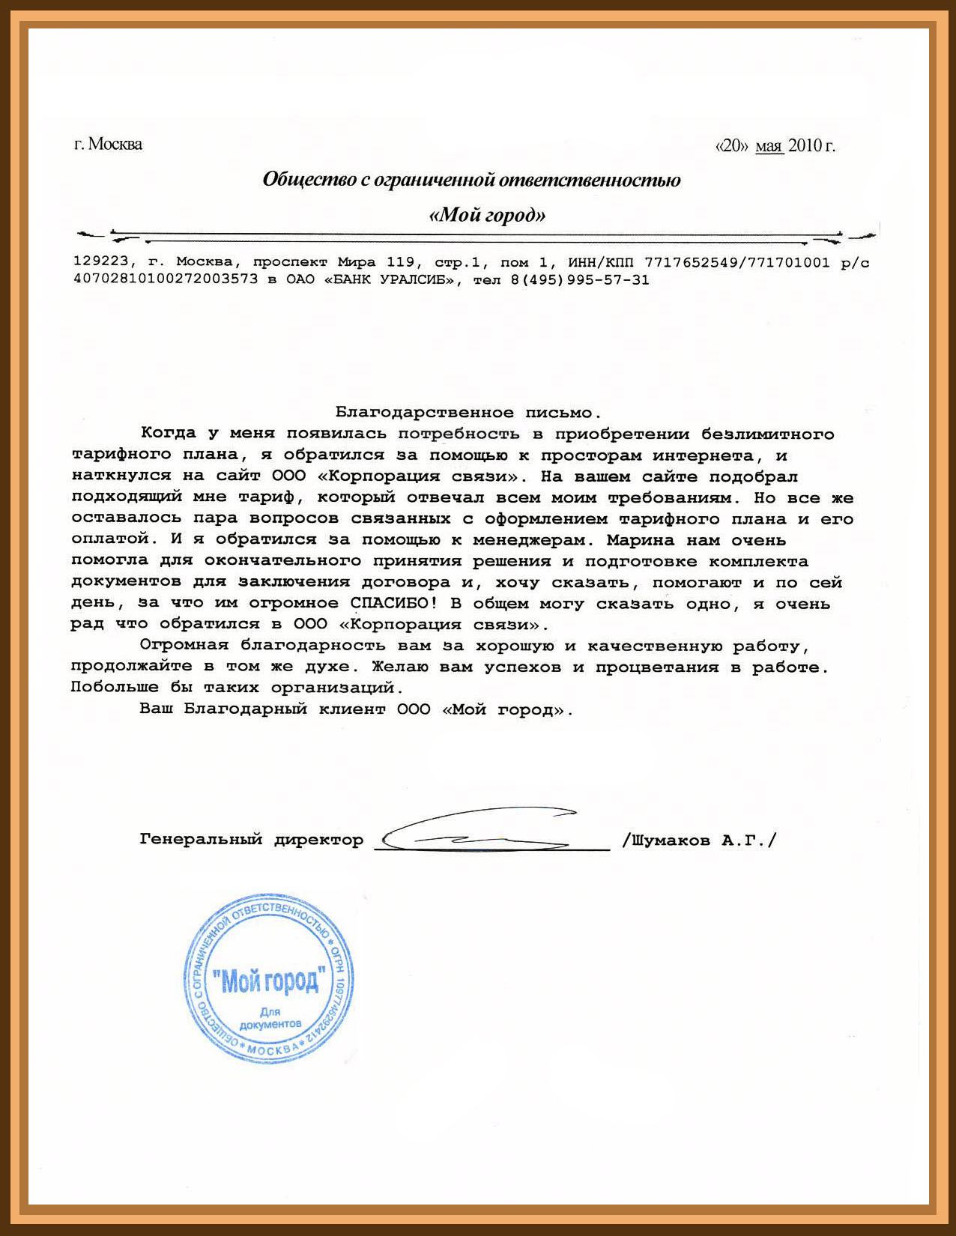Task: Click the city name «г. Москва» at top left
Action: pos(108,144)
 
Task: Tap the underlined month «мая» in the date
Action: pos(769,145)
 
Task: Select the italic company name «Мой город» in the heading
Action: pos(488,216)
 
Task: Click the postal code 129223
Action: pos(101,262)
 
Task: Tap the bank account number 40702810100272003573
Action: pos(166,280)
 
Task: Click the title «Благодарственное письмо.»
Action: pos(468,412)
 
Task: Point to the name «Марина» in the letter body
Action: pos(638,540)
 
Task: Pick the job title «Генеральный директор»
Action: pos(251,840)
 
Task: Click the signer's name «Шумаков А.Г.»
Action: pos(700,840)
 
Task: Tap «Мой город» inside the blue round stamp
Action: pos(270,980)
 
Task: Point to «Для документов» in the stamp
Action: pos(270,1018)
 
